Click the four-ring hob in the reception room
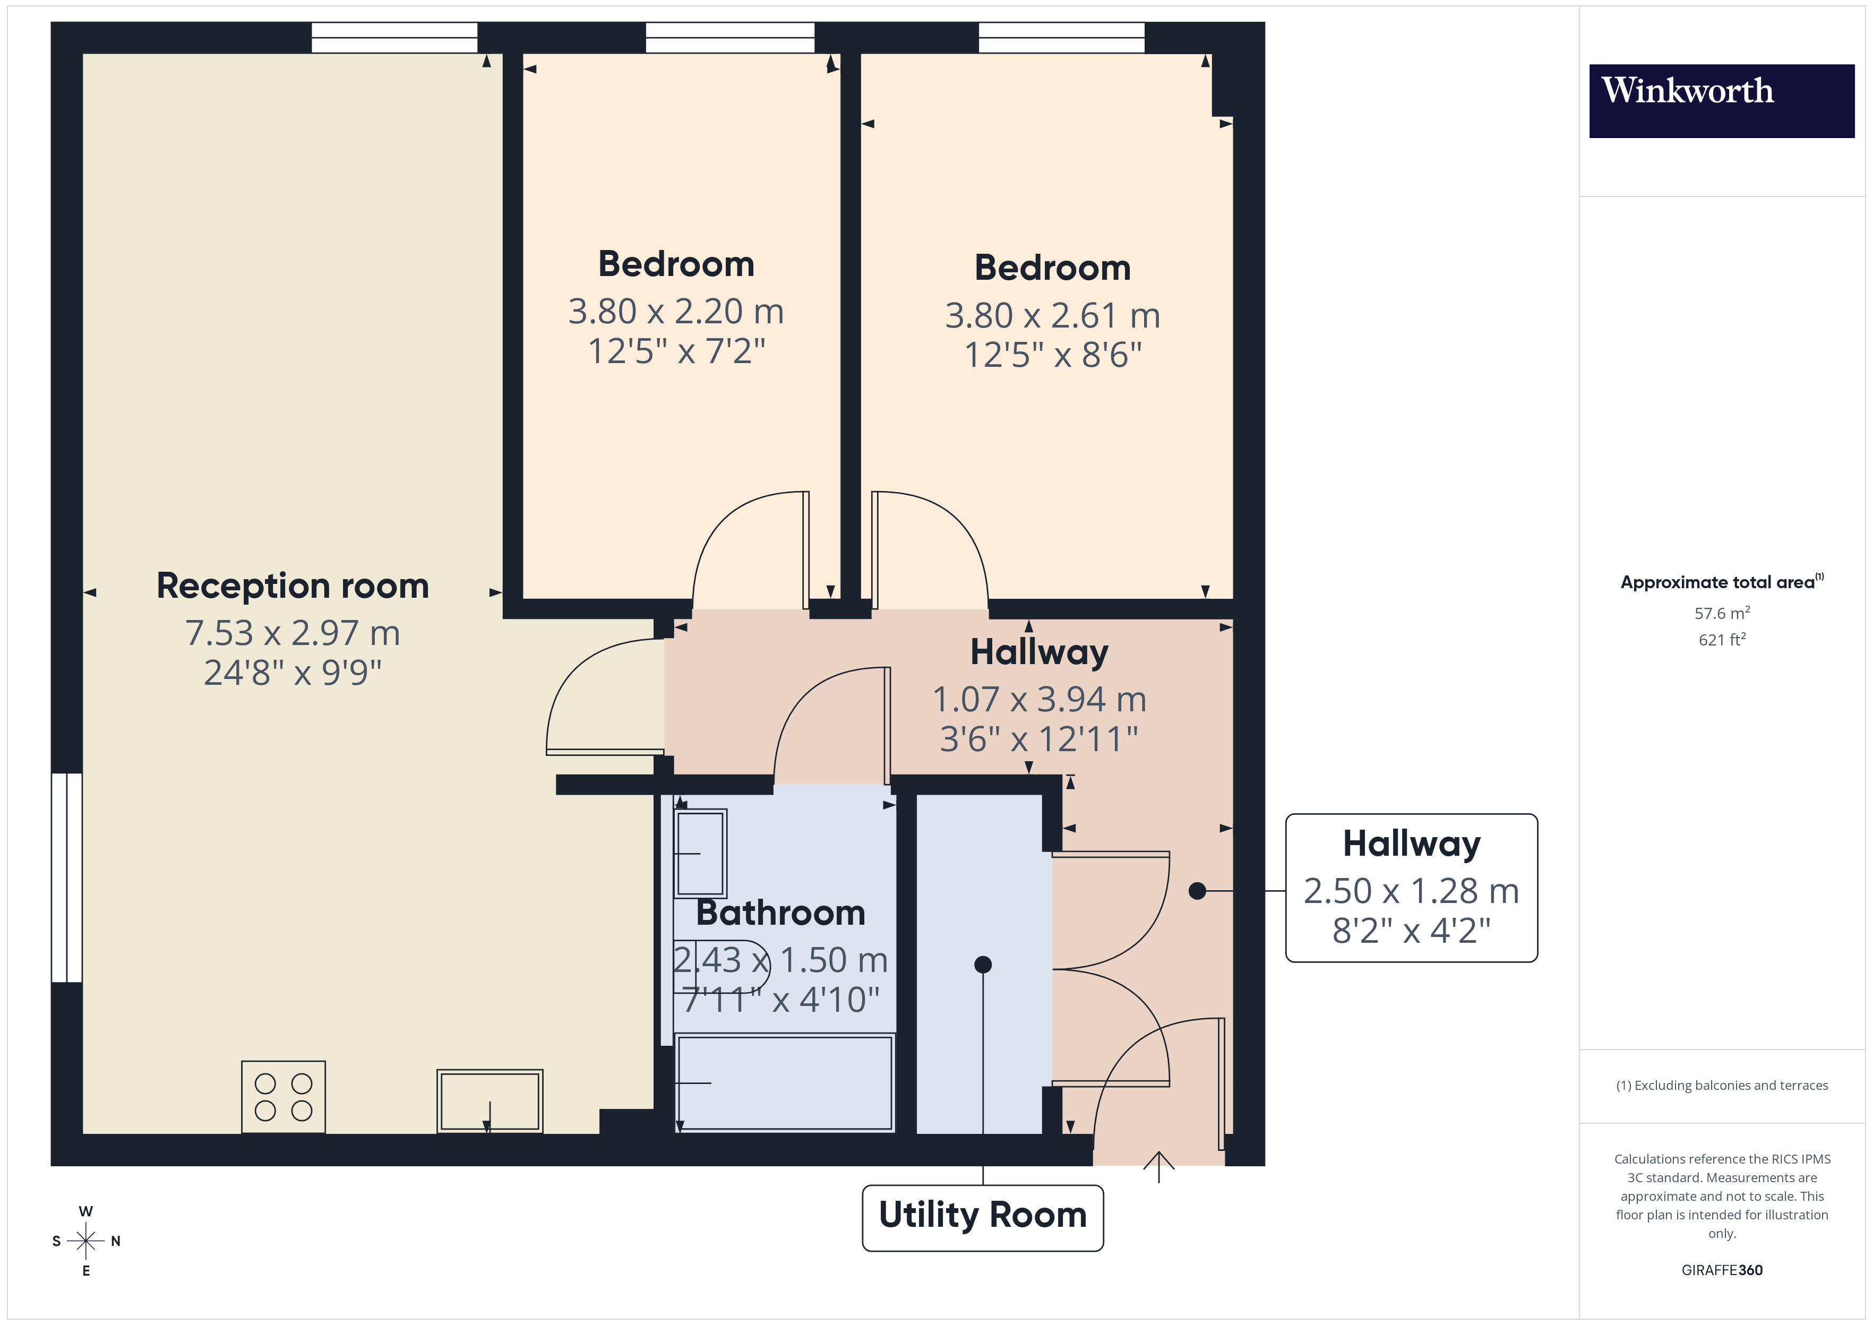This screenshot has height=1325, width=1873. [283, 1097]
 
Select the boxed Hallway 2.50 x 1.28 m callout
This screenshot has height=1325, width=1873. [1411, 888]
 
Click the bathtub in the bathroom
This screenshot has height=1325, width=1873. [784, 1083]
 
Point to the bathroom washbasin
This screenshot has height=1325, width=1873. [700, 853]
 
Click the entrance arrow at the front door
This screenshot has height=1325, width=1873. [1158, 1165]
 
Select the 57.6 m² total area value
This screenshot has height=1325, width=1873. [1721, 613]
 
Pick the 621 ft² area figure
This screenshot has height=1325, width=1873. [1721, 640]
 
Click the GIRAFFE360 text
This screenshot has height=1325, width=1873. [1721, 1269]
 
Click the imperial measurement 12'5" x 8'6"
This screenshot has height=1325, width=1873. [1052, 355]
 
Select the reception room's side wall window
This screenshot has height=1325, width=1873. [67, 877]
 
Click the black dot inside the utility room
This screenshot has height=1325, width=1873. [983, 965]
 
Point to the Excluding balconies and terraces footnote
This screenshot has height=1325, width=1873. [1721, 1085]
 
